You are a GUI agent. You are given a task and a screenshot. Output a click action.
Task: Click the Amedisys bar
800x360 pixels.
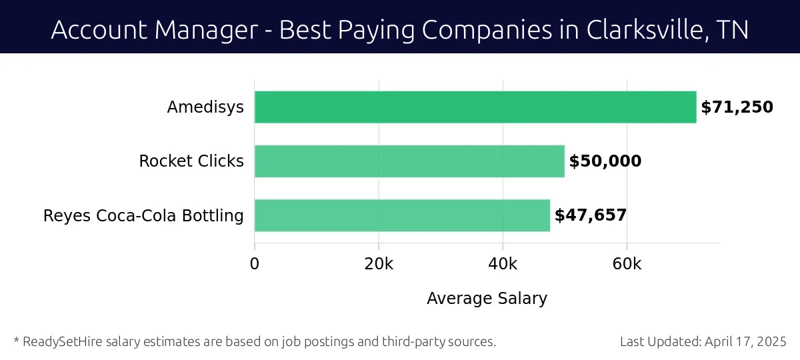click(475, 107)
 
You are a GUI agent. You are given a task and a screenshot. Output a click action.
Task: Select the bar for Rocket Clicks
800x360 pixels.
click(409, 161)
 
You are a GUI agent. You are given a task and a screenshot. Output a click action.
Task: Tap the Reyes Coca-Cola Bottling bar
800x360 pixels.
click(402, 215)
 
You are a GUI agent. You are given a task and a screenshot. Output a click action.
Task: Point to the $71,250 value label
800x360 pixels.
click(737, 107)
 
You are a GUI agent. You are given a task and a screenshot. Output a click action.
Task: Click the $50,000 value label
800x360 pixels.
click(605, 161)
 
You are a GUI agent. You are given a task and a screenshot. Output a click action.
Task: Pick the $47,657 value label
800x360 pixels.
click(591, 215)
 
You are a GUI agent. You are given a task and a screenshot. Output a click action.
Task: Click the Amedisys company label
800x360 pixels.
click(205, 107)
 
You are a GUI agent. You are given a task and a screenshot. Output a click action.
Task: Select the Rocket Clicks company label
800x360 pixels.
click(191, 161)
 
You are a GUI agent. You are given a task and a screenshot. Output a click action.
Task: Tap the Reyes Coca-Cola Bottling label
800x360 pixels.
click(143, 216)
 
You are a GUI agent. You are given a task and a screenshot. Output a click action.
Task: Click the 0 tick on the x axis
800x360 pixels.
click(255, 264)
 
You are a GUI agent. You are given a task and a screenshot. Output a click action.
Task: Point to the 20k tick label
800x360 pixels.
click(379, 264)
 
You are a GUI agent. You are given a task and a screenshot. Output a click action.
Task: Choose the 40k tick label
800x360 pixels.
click(503, 264)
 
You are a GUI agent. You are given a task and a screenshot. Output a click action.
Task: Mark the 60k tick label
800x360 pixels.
click(627, 264)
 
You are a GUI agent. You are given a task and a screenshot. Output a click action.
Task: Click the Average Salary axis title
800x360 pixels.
click(487, 299)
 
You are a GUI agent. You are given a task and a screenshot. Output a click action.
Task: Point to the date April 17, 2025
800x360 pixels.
click(746, 342)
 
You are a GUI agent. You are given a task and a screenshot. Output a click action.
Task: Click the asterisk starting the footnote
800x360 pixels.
click(16, 341)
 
